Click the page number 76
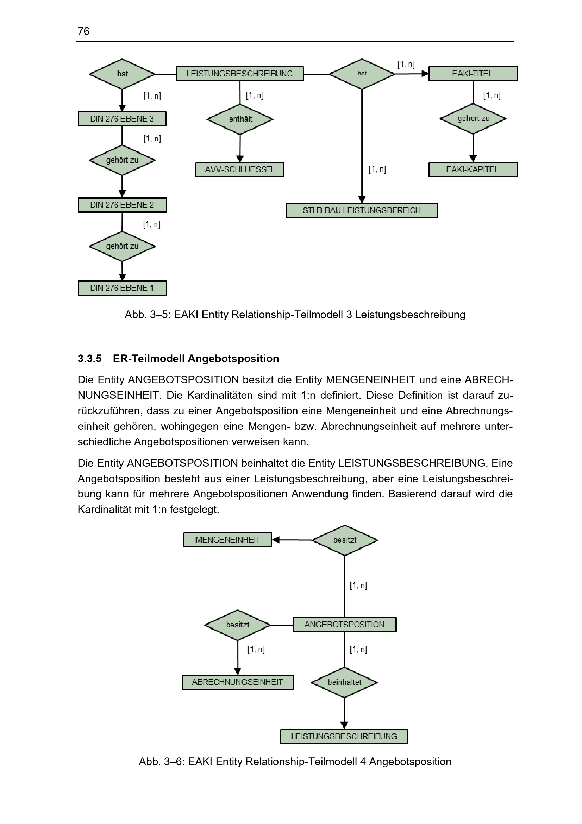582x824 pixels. tap(83, 31)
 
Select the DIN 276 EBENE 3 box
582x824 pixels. tap(122, 119)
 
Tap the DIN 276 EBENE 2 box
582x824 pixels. tap(122, 205)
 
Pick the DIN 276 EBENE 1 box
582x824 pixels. tap(122, 288)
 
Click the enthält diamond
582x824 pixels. tap(240, 119)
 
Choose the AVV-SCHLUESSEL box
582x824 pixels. tap(239, 169)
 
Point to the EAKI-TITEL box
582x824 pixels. tap(473, 74)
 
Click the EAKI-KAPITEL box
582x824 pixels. tap(473, 169)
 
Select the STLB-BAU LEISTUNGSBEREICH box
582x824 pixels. tap(362, 211)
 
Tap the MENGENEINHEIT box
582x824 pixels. tap(228, 540)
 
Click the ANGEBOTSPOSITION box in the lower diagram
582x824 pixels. tap(344, 625)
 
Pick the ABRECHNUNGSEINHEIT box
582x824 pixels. tap(237, 682)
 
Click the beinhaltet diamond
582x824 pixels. tap(344, 682)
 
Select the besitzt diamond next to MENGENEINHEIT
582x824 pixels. tap(345, 540)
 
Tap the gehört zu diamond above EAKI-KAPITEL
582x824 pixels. tap(473, 119)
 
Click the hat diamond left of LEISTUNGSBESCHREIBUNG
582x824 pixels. tap(122, 74)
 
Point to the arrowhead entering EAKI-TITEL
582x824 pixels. tap(425, 74)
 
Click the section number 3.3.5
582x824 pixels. tap(90, 359)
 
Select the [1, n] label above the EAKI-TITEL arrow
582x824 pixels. tap(406, 64)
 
